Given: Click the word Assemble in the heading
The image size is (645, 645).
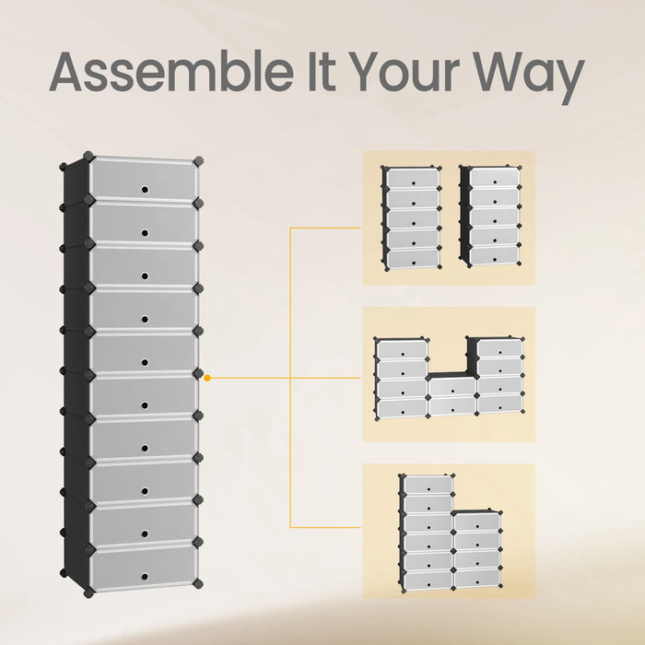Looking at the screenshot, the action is point(171,72).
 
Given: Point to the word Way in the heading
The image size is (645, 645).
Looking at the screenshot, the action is point(529,77).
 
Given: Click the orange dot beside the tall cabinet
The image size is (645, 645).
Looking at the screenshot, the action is point(207,378).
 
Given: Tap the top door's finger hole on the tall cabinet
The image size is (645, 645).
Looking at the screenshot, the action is point(145,190).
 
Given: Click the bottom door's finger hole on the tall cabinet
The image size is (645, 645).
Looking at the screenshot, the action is point(145,577).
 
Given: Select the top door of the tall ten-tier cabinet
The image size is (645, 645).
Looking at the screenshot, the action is point(143,179).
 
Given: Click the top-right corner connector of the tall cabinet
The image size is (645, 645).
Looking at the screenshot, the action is point(198,161).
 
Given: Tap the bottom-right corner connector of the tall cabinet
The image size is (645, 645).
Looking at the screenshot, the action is point(198,583).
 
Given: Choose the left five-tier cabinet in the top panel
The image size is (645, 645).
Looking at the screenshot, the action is point(411,218).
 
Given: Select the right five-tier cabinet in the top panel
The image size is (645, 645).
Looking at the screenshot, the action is point(491,217).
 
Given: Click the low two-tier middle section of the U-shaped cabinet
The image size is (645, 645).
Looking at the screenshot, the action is point(452,394).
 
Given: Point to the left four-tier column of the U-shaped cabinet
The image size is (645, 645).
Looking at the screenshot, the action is point(402,379).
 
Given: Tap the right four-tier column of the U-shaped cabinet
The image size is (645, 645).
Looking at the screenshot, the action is point(496,375).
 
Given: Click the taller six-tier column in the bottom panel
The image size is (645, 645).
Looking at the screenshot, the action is point(426,534).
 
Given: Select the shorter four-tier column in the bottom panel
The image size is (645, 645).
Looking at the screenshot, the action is point(477,550).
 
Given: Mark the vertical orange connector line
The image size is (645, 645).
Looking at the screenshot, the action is point(290,377).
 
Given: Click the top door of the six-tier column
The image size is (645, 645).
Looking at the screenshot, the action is point(428,485).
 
